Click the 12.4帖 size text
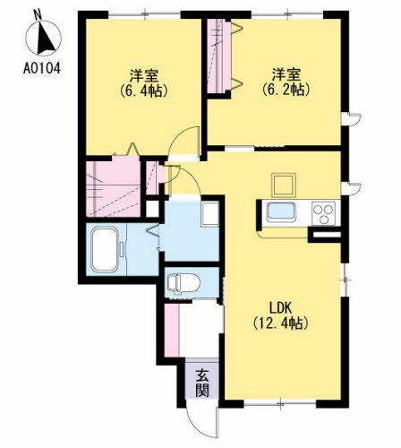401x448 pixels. point(281,323)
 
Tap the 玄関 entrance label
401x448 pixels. point(203,383)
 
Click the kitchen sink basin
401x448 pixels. point(281,215)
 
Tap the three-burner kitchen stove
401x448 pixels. point(322,214)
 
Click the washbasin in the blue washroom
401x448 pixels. point(209,214)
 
